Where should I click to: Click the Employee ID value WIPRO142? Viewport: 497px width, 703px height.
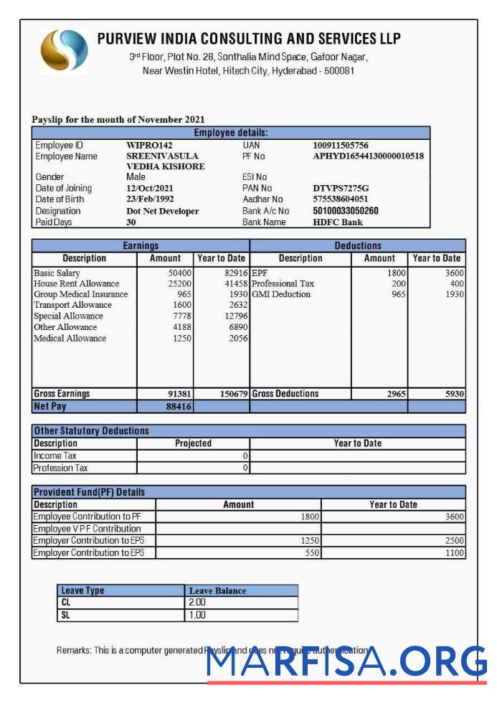(x=149, y=145)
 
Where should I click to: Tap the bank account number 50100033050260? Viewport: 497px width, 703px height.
(x=346, y=211)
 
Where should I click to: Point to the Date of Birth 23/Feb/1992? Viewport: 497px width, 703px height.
(x=150, y=199)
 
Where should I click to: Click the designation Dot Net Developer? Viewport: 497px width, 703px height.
(x=163, y=211)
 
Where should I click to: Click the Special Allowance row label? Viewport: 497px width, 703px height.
(x=68, y=316)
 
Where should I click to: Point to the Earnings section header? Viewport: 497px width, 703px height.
(x=141, y=245)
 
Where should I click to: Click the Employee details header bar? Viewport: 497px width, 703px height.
(x=231, y=133)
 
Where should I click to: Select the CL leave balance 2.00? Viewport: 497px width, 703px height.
(x=197, y=603)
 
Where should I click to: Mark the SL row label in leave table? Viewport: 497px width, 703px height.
(x=66, y=615)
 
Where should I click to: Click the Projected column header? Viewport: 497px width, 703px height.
(x=193, y=443)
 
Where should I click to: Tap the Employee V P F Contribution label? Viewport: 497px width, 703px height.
(x=87, y=529)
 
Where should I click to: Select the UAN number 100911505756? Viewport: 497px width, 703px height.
(x=341, y=145)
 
